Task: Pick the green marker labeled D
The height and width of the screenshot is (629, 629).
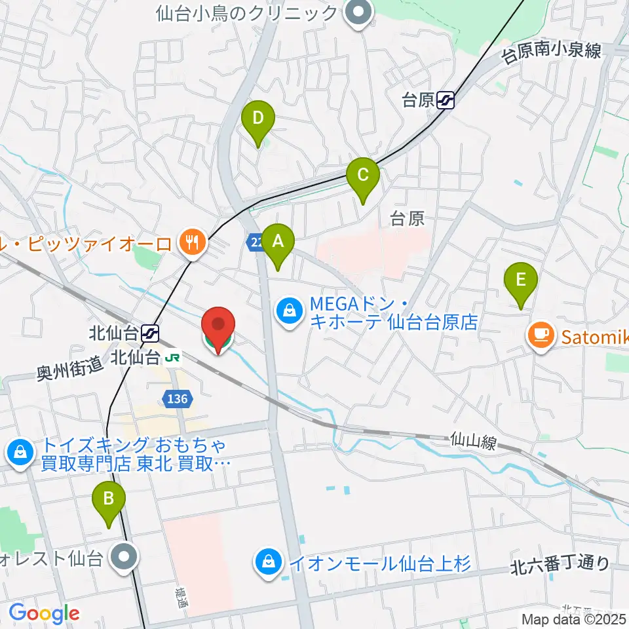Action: click(258, 121)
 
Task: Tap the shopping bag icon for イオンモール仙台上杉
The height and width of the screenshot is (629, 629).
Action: click(268, 563)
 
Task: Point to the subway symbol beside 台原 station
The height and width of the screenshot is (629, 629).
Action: click(446, 100)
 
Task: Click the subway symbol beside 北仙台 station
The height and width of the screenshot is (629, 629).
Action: click(149, 334)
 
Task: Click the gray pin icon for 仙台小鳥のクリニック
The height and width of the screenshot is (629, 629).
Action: click(358, 12)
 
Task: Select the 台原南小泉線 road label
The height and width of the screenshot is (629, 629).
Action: click(551, 51)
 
